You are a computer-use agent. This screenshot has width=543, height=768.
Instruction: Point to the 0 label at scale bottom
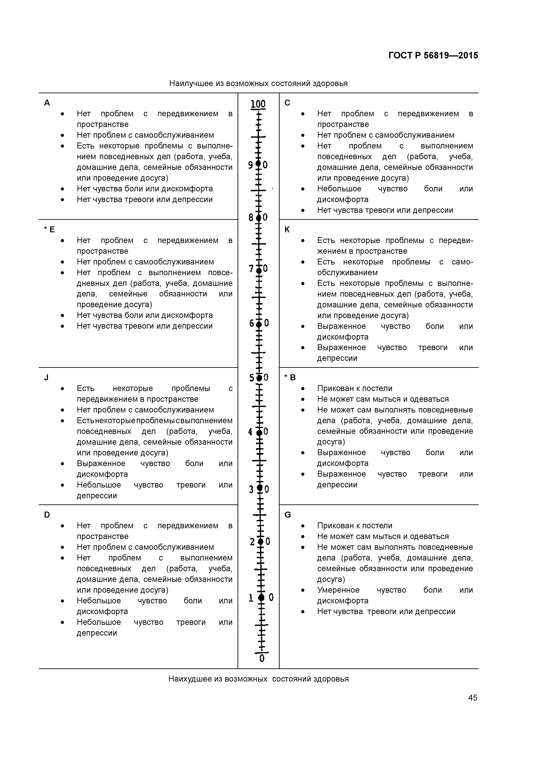[262, 658]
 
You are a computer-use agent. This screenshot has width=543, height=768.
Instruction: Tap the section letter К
[287, 229]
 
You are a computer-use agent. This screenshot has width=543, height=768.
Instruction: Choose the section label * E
[49, 229]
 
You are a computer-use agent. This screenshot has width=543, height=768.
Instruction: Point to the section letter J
[46, 378]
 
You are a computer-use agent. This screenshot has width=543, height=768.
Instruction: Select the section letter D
[47, 515]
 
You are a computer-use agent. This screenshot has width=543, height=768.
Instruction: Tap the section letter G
[287, 515]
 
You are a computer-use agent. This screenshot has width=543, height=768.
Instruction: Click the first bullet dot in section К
[303, 241]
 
